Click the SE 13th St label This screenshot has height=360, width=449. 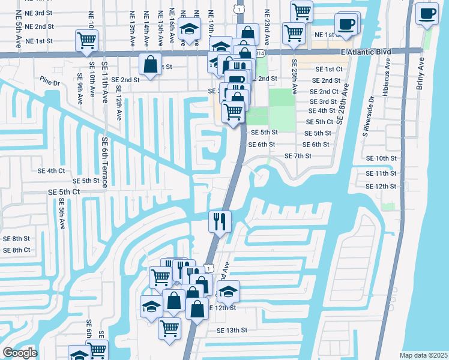(232, 330)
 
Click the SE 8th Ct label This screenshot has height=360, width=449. (16, 250)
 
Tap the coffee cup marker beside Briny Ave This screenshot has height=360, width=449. (427, 14)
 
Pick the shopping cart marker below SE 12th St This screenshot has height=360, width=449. (170, 329)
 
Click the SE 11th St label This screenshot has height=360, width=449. (381, 173)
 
